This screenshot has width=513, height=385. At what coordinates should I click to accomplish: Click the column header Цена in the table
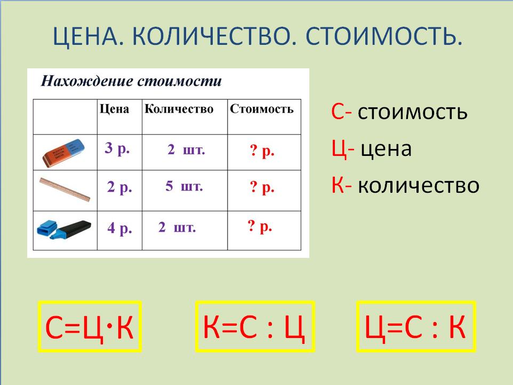[114, 109]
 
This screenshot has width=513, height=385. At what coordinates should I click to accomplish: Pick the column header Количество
[179, 109]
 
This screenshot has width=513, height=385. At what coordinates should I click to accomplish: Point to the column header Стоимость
[262, 109]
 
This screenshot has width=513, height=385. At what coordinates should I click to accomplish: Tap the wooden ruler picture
[65, 190]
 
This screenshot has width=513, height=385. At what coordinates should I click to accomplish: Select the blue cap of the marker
[47, 227]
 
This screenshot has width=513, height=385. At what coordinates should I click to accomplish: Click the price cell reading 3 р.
[117, 148]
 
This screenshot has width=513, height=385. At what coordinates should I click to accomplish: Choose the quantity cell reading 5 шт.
[184, 186]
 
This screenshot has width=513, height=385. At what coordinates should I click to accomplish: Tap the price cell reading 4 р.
[119, 228]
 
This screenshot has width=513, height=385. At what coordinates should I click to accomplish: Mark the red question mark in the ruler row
[253, 186]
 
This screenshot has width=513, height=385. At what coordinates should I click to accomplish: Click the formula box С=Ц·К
[90, 327]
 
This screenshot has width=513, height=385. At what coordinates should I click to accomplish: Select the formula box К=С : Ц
[255, 327]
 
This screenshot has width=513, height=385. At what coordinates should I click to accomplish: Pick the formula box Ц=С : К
[416, 327]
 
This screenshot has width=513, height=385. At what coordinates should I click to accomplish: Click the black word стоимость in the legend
[413, 112]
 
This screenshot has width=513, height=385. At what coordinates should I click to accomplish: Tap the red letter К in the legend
[338, 185]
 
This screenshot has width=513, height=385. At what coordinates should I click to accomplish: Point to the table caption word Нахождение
[87, 81]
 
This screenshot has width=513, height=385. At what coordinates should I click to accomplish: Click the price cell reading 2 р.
[119, 187]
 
